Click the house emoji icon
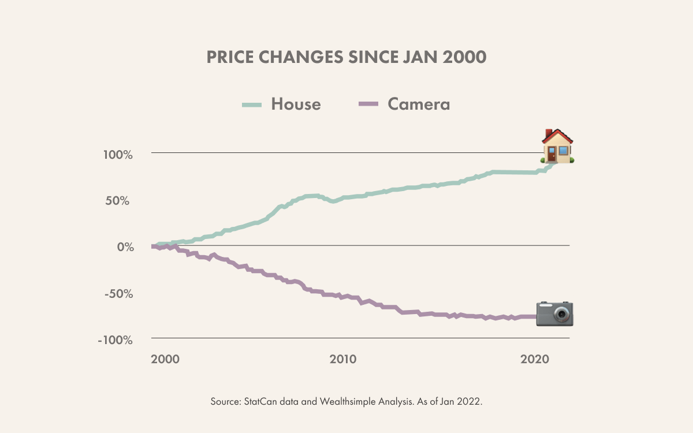557,146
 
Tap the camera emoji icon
554,313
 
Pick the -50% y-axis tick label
135,293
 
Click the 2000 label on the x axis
165,359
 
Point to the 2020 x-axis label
535,359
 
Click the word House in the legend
296,104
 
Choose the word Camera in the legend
419,104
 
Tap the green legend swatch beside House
252,104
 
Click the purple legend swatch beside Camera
368,104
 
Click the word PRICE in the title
230,58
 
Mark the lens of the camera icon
561,315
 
